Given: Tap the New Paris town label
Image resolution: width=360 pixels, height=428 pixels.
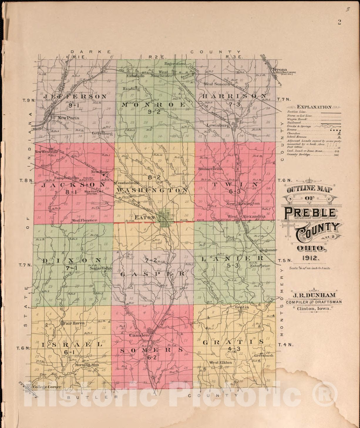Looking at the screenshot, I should (68, 118).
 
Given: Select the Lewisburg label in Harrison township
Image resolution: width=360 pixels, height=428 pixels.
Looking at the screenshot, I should (218, 125).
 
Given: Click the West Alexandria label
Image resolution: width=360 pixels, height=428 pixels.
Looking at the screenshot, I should (246, 216).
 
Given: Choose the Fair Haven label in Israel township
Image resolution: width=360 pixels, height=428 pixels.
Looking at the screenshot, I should (73, 323).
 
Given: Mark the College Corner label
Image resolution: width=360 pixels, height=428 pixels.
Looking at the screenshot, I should (47, 387).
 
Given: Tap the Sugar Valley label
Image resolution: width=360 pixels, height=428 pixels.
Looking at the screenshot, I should (101, 268).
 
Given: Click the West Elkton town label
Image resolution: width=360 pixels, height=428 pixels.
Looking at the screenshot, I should (221, 362).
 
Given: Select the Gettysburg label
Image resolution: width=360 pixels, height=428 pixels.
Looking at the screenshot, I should (102, 133).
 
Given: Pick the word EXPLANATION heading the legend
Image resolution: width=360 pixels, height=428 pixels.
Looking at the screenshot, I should (314, 107).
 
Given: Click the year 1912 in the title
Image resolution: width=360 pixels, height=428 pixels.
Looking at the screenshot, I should (310, 258).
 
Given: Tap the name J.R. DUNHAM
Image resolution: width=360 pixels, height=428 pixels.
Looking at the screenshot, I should (313, 295).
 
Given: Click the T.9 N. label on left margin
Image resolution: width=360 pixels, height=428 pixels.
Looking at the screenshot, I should (29, 100).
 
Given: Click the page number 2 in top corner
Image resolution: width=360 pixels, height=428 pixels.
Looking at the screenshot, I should (339, 22).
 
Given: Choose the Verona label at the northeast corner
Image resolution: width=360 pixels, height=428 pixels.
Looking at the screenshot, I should (280, 70).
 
